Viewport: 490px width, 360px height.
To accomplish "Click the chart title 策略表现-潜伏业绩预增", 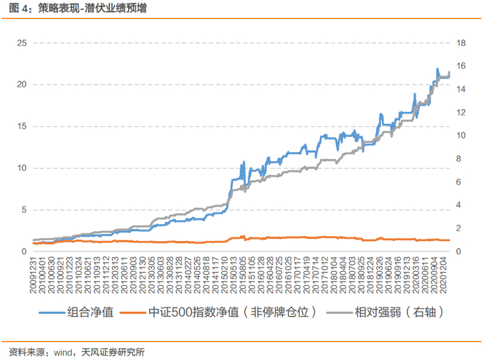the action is (92, 8).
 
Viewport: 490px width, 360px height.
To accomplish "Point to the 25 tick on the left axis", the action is (22, 43).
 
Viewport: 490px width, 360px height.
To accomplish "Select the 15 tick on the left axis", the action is (22, 126).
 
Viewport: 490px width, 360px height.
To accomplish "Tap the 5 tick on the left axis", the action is (24, 210).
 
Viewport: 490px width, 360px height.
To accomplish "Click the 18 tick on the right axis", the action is (461, 43).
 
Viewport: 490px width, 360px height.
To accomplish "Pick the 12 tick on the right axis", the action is (461, 112).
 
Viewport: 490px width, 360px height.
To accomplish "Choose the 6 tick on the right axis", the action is (458, 181).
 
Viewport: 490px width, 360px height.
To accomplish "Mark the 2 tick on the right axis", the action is (458, 228).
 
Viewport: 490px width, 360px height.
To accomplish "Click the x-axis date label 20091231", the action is (33, 275).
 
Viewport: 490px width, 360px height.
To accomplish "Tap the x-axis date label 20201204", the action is (443, 275).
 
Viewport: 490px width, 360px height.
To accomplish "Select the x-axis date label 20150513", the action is (234, 275).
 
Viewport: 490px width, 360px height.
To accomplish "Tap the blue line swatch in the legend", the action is (52, 312).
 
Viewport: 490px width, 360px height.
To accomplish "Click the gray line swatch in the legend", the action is (339, 312).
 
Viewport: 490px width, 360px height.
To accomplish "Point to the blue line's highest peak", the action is (437, 69).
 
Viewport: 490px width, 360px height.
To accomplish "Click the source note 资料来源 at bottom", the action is (27, 352).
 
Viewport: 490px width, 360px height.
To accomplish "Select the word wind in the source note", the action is (63, 352).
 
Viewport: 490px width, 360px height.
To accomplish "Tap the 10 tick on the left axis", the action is (22, 168).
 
